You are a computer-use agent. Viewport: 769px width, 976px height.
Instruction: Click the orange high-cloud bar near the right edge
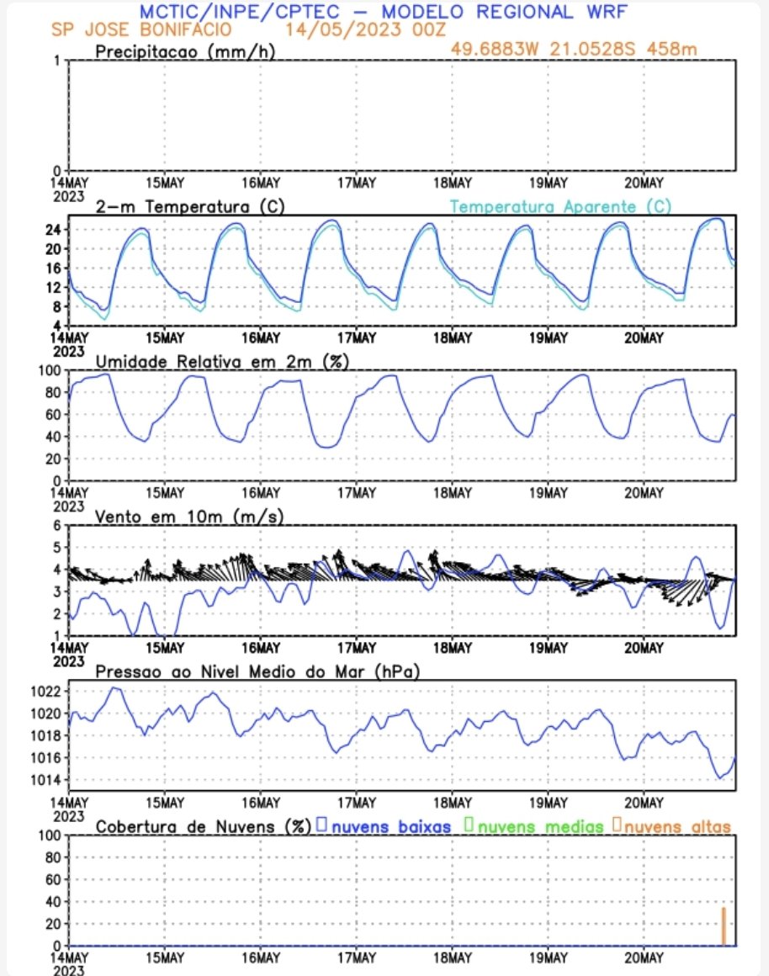[x=723, y=926]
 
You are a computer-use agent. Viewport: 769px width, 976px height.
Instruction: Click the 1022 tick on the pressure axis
[x=48, y=692]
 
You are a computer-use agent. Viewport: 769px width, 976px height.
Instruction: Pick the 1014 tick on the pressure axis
[x=48, y=780]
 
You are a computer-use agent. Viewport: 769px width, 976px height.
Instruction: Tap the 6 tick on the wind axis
[x=58, y=525]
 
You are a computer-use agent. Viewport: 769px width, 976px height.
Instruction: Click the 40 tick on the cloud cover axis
[x=53, y=902]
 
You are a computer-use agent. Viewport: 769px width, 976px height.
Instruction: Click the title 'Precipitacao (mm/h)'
[x=185, y=52]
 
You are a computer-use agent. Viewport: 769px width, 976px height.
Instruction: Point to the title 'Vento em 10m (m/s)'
[x=189, y=516]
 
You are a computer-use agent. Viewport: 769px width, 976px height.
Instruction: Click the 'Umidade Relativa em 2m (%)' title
[x=223, y=361]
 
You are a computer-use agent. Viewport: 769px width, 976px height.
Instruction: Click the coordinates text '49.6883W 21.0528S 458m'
[x=573, y=49]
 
